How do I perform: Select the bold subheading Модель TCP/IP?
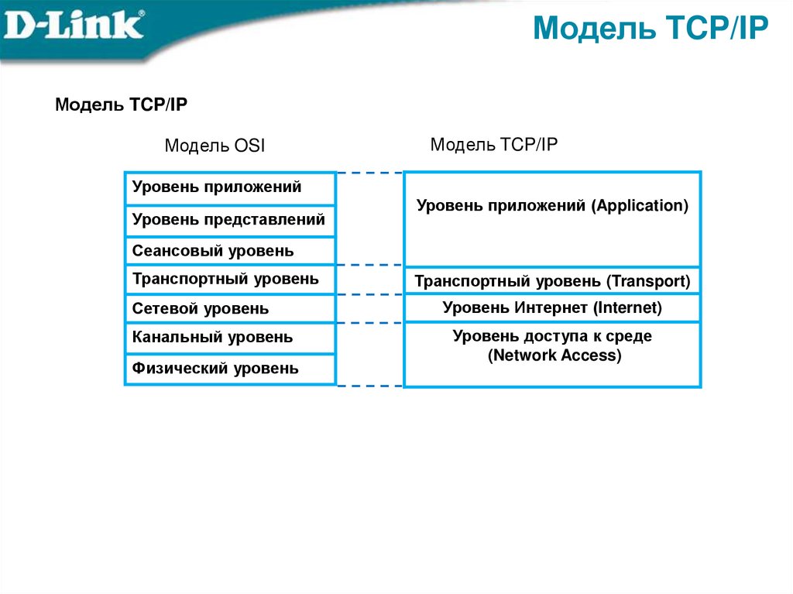coord(120,105)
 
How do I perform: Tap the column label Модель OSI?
coord(215,146)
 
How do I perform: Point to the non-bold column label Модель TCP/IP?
coord(493,144)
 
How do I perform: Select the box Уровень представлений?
coord(229,220)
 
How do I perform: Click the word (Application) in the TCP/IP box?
coord(640,206)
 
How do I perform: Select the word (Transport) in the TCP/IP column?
coord(647,281)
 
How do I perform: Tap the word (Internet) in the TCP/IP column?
coord(628,308)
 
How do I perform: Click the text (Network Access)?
coord(554,356)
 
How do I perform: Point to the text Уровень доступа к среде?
coord(552,336)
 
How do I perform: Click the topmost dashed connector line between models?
coord(369,173)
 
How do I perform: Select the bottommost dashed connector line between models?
coord(369,385)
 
